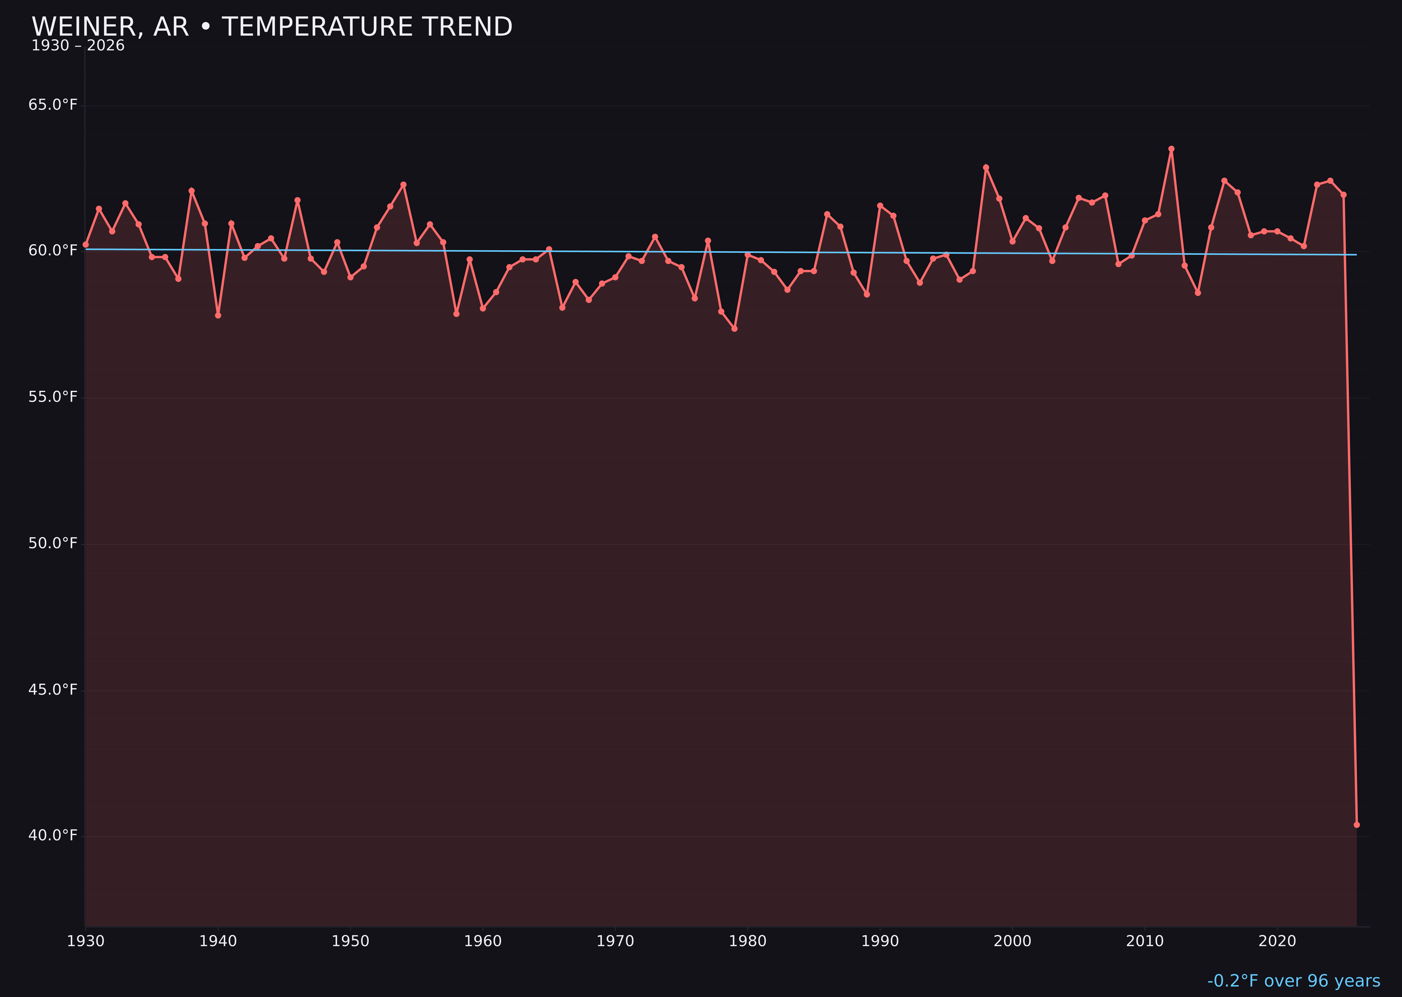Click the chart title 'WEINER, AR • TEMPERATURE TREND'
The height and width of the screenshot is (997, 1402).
pyautogui.click(x=272, y=27)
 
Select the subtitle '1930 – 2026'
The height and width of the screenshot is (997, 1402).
pyautogui.click(x=78, y=46)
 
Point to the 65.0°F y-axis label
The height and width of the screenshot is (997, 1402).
pyautogui.click(x=53, y=105)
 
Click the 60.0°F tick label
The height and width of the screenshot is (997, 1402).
pyautogui.click(x=53, y=251)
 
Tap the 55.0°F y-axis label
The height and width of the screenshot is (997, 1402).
pyautogui.click(x=53, y=397)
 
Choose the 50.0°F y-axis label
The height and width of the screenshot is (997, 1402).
pyautogui.click(x=53, y=543)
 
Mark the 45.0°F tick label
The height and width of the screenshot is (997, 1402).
pyautogui.click(x=53, y=690)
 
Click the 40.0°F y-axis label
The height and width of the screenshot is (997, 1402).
pyautogui.click(x=53, y=835)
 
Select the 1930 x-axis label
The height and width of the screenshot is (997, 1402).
pyautogui.click(x=85, y=941)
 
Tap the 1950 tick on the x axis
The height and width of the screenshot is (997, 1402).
pyautogui.click(x=350, y=941)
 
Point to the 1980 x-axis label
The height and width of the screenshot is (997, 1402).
pyautogui.click(x=748, y=941)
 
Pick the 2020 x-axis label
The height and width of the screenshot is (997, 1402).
pyautogui.click(x=1277, y=941)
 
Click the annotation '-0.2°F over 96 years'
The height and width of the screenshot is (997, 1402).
pyautogui.click(x=1293, y=981)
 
